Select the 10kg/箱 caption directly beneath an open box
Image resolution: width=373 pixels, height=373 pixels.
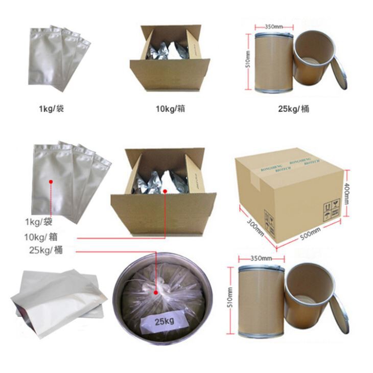tap(170, 109)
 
